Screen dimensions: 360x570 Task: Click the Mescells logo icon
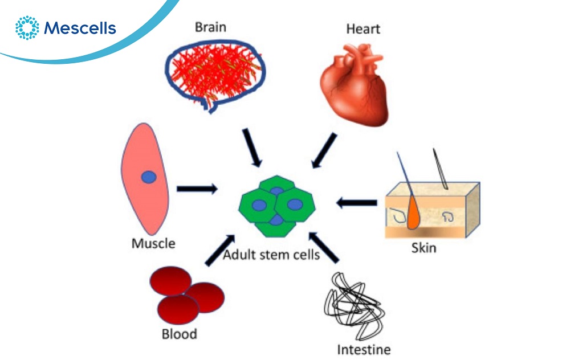27,27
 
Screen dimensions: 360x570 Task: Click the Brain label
210,27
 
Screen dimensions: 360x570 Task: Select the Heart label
363,28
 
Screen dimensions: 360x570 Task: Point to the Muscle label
153,243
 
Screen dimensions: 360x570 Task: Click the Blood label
180,333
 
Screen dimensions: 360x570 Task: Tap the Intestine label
364,348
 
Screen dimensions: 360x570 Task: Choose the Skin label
424,248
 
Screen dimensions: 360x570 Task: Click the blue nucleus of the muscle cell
149,177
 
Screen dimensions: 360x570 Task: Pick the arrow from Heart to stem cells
324,151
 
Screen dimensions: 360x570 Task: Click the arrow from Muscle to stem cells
197,189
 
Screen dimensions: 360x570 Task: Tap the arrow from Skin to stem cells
356,202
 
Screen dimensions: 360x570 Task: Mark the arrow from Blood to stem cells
219,249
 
